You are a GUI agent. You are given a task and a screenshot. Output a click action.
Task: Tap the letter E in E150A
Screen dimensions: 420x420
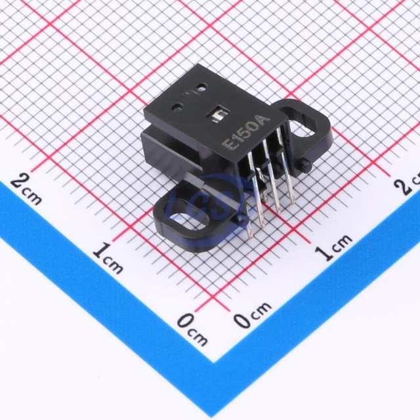[x=230, y=145]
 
